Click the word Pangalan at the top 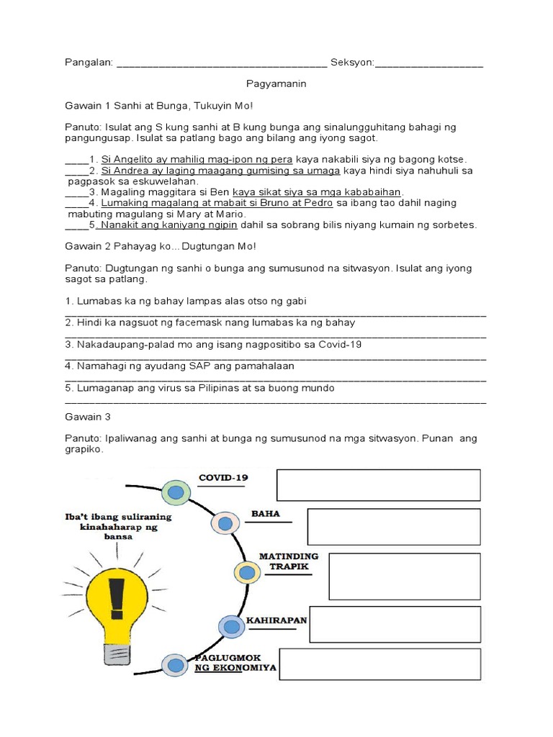pos(88,63)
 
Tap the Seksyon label pos(352,63)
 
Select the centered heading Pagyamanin pos(276,84)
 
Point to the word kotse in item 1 pos(451,159)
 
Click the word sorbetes pos(454,225)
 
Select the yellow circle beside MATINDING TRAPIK pos(247,572)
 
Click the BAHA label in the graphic pos(265,515)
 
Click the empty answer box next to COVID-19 pos(378,485)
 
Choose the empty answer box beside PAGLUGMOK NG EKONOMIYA pos(379,664)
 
